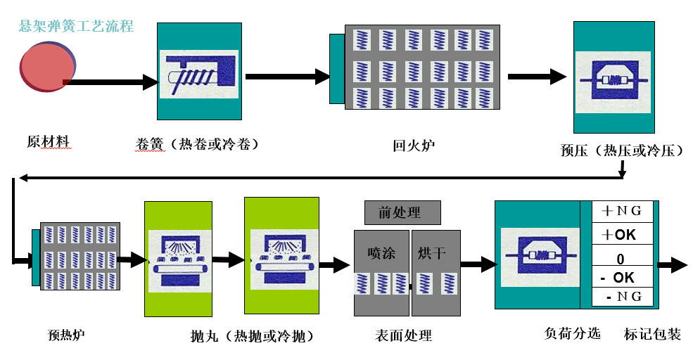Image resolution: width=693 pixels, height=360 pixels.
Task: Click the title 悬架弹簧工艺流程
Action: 76,27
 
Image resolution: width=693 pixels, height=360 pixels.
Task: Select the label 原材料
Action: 48,141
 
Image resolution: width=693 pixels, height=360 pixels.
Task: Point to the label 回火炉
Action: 414,146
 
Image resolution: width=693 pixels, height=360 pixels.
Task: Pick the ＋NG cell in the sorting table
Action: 618,211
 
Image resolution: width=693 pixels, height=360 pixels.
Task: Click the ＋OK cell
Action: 618,234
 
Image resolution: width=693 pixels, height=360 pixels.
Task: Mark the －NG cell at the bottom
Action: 618,297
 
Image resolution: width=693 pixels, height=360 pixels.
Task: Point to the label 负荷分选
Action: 573,333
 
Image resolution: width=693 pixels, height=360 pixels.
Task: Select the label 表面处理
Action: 404,335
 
